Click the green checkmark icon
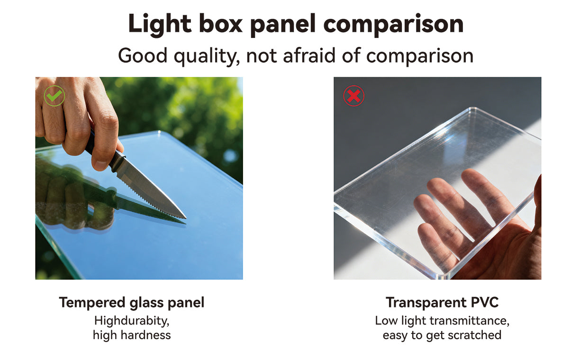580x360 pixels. [x=54, y=96]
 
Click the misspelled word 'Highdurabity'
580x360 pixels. [x=132, y=321]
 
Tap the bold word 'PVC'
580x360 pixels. [x=483, y=303]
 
